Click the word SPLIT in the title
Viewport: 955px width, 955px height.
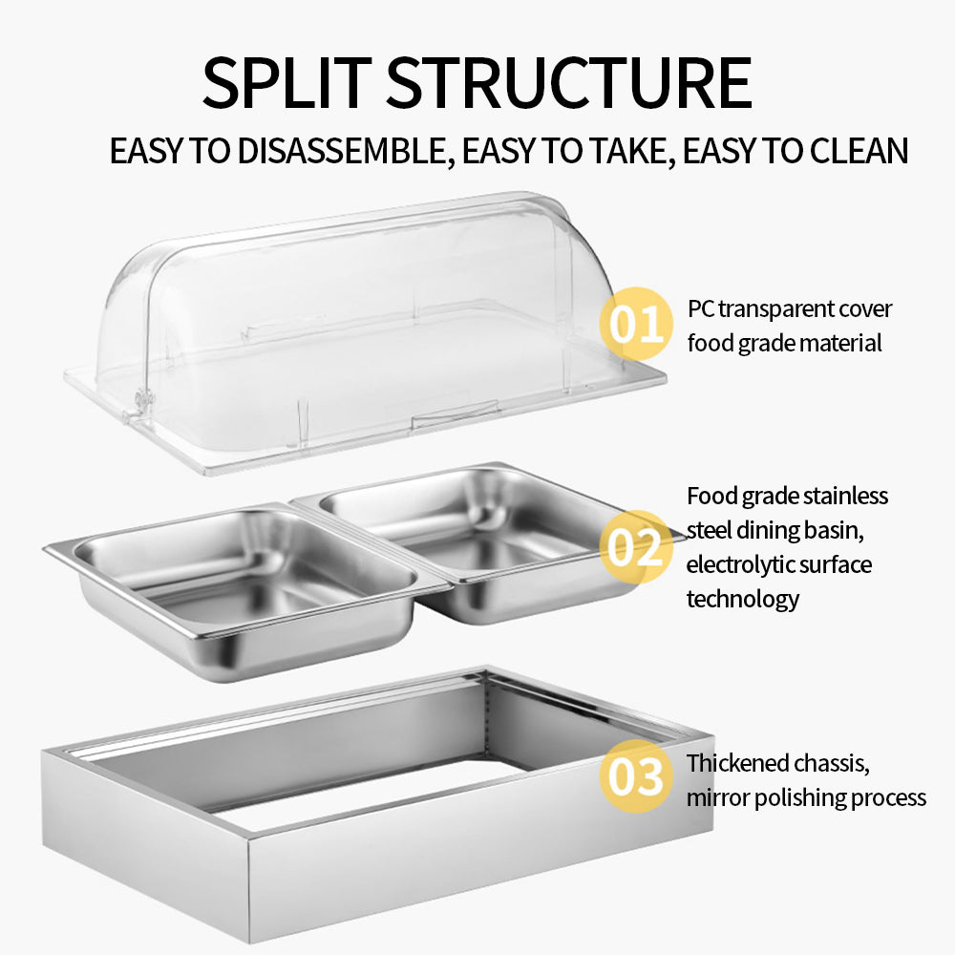point(286,82)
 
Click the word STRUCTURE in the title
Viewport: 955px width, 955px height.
point(569,82)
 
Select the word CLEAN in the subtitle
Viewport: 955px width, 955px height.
point(859,151)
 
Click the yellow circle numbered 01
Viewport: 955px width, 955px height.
point(636,324)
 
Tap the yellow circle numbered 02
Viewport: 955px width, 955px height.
point(636,546)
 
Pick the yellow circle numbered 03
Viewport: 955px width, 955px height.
point(636,775)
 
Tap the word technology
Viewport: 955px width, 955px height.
point(742,599)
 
